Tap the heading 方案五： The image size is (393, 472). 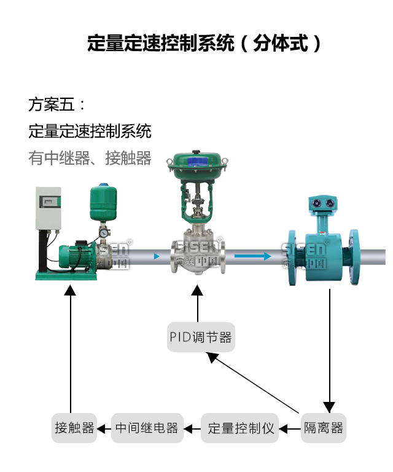[58, 104]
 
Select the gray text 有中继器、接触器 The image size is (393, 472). [90, 158]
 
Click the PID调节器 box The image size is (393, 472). [200, 337]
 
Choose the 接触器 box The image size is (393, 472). [74, 428]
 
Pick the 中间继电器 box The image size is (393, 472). [147, 428]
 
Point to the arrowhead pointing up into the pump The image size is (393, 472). [71, 290]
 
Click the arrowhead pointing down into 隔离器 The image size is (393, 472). [330, 407]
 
